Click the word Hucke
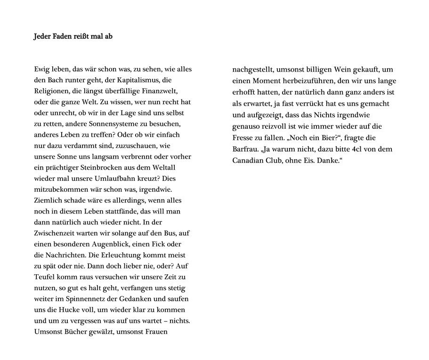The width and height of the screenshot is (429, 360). coord(67,310)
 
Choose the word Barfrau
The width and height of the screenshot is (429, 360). coord(245,149)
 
